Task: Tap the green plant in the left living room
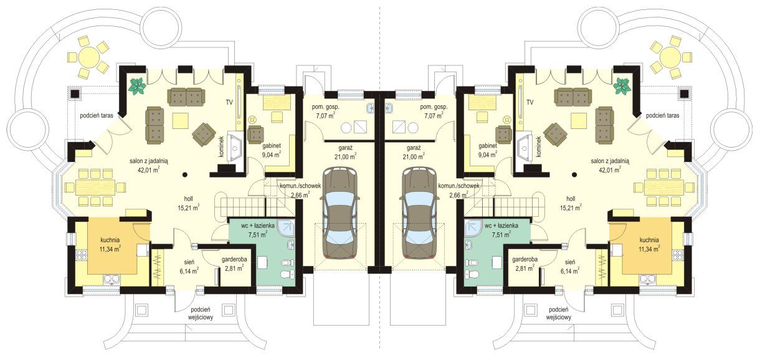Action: [137, 86]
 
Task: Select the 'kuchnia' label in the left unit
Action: [110, 240]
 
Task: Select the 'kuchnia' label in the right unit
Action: [649, 240]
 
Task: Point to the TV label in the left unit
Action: [229, 102]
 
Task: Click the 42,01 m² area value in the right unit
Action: [610, 169]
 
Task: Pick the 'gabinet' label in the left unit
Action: [272, 146]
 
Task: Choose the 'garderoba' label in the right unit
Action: [525, 260]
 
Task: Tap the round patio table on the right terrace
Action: [671, 57]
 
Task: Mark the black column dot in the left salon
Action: [184, 175]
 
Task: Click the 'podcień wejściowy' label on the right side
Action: [558, 313]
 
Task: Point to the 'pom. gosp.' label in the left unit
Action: [326, 107]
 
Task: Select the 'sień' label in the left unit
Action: [189, 262]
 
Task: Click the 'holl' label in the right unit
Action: [571, 199]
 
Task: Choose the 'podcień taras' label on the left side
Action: [97, 115]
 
